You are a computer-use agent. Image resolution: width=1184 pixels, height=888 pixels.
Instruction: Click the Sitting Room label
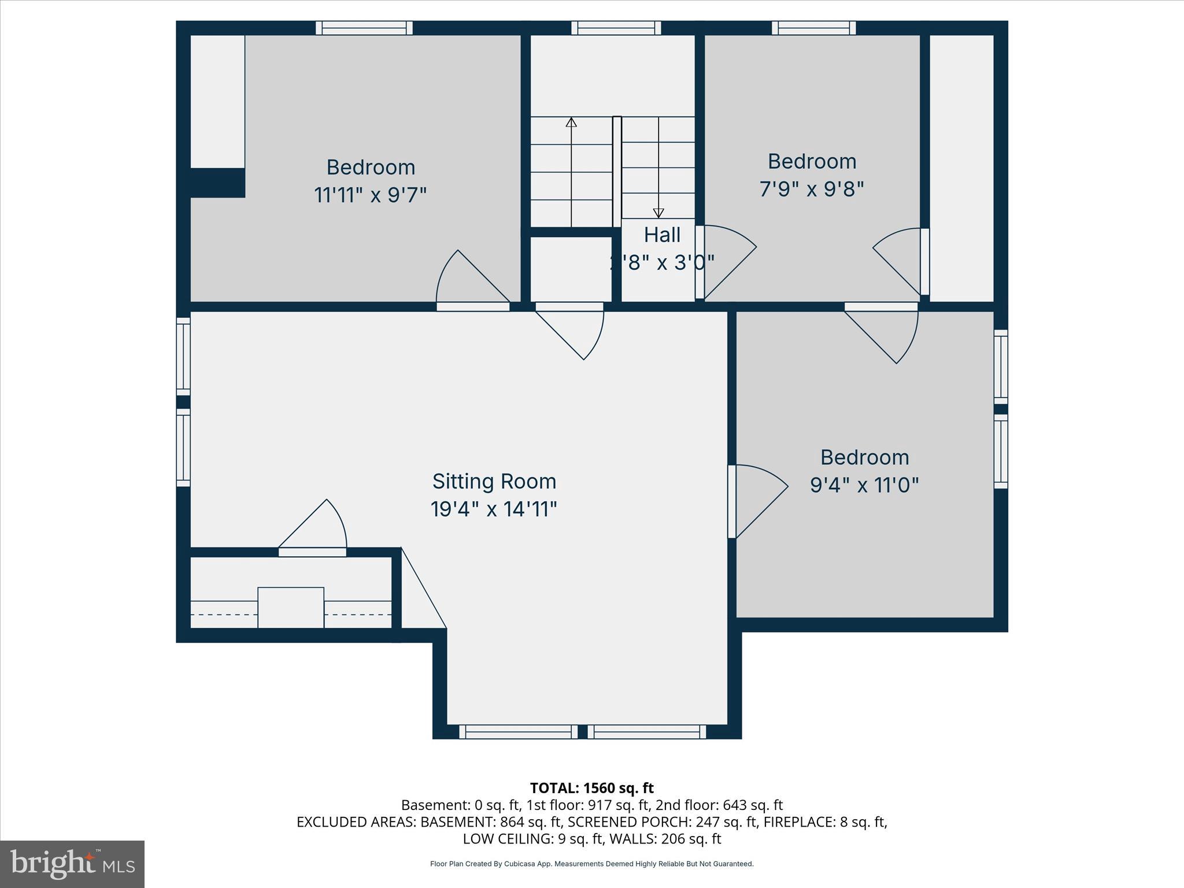[x=494, y=481]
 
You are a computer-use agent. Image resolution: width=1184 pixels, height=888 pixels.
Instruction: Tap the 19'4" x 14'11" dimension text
[x=494, y=509]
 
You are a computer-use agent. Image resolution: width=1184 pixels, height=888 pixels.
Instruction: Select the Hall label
[x=662, y=235]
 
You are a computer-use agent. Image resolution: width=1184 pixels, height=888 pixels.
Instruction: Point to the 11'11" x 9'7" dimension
[x=370, y=195]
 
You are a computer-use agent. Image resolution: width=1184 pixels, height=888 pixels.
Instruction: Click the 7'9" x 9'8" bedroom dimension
[x=812, y=189]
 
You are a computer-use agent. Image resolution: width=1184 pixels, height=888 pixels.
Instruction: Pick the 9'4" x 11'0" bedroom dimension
[x=864, y=485]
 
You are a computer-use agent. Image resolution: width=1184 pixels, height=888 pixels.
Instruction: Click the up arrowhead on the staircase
[x=571, y=122]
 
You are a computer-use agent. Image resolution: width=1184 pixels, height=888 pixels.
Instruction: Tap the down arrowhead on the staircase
[x=658, y=213]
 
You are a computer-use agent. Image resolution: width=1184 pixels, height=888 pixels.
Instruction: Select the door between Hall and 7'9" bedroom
[x=726, y=260]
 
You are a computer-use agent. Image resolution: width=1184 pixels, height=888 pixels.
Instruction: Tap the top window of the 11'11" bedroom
[x=364, y=28]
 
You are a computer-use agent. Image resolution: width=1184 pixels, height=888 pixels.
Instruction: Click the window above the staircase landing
[x=616, y=28]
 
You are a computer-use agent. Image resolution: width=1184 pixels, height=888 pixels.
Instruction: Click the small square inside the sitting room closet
[x=291, y=607]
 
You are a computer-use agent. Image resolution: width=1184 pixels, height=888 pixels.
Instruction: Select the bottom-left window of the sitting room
[x=519, y=732]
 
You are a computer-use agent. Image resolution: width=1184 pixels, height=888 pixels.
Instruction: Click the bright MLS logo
[x=72, y=864]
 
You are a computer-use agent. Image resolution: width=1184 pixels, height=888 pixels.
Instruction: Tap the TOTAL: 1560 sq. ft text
[x=591, y=788]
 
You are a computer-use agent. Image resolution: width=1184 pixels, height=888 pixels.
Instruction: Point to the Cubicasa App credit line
[x=591, y=864]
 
